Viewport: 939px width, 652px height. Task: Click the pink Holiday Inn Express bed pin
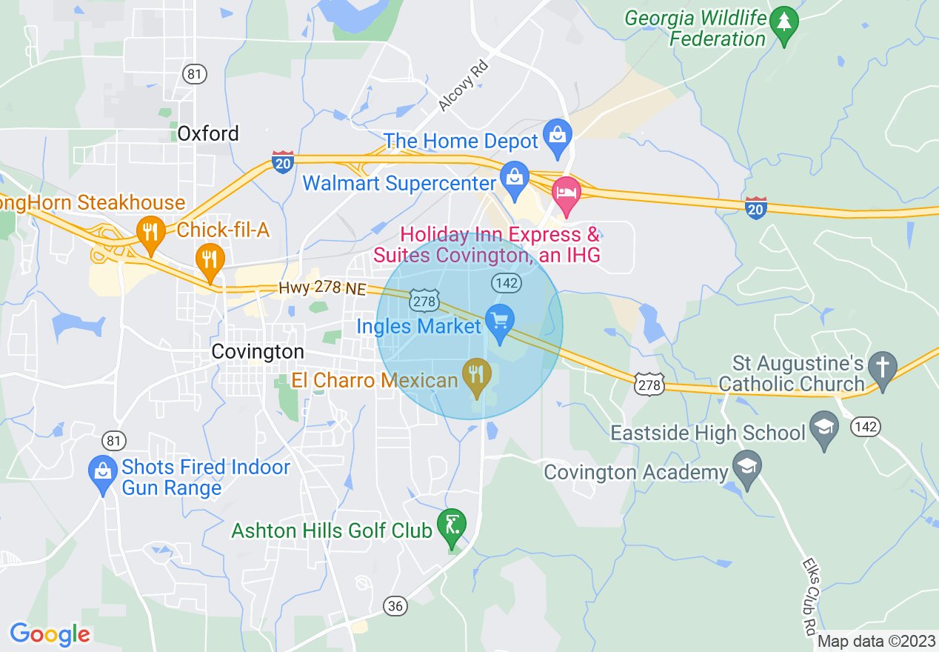click(567, 193)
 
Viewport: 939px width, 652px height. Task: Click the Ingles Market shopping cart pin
click(500, 322)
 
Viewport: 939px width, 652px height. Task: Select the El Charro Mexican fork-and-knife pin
click(477, 376)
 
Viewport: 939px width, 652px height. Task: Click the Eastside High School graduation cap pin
click(823, 428)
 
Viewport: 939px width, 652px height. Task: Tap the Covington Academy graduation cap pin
click(747, 467)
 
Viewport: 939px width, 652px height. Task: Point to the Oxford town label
click(208, 133)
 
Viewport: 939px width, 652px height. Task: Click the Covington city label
click(257, 351)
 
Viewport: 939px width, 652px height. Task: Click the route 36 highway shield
click(395, 606)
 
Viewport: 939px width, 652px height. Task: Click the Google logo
click(50, 634)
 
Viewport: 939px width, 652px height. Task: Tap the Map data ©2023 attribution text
click(877, 642)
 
